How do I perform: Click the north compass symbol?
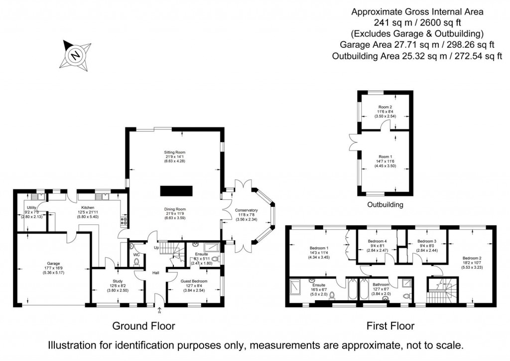click(x=75, y=54)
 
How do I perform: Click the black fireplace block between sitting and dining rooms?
click(x=176, y=191)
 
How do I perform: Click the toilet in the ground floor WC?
click(x=136, y=259)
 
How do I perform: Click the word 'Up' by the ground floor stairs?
click(x=156, y=248)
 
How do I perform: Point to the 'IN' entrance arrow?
click(x=159, y=311)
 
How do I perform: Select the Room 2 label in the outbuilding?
click(x=385, y=107)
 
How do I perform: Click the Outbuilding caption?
click(x=385, y=205)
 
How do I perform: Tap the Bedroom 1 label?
click(x=319, y=248)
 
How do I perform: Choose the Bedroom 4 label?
click(x=378, y=241)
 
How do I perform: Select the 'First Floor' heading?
click(x=390, y=326)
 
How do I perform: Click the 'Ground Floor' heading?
click(x=143, y=326)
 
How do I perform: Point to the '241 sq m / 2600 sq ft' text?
click(x=417, y=22)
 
